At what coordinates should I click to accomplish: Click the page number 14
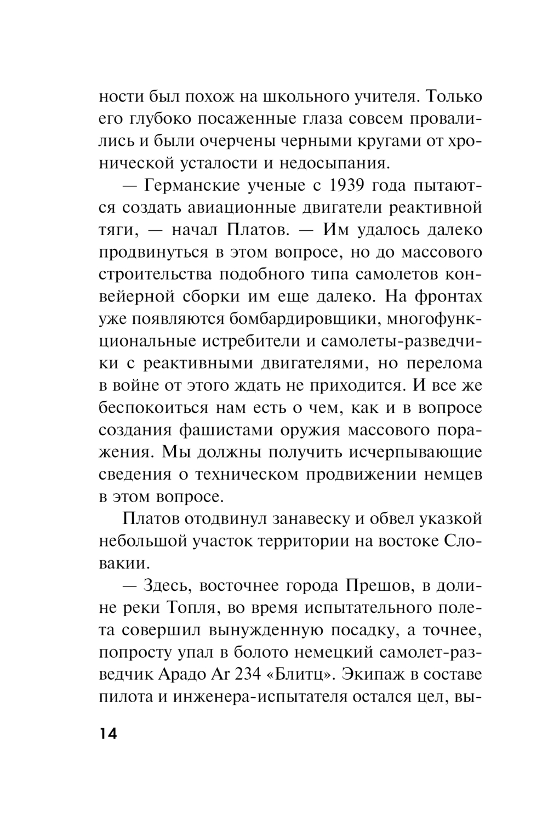(x=108, y=734)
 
